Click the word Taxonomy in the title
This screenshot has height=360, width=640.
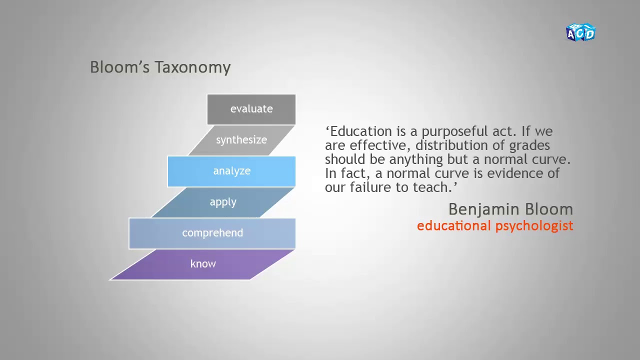[192, 67]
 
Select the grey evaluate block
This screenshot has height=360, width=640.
[251, 109]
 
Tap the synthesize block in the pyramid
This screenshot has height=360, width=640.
[241, 140]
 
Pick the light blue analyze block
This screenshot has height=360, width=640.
[231, 171]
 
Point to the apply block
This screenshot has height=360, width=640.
[223, 202]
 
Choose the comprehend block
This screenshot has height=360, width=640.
[212, 233]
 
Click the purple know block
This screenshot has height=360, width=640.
[203, 264]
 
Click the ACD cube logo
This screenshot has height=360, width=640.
[580, 32]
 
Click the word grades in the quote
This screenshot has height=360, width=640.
[529, 145]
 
